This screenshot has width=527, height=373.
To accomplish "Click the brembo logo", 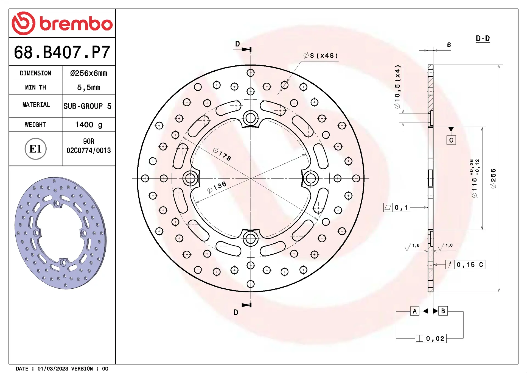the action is click(x=62, y=23).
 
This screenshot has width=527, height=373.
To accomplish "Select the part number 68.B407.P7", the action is click(x=62, y=52).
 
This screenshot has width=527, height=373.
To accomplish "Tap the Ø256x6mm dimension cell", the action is click(x=89, y=73).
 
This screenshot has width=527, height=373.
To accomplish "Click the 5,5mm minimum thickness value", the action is click(x=89, y=87).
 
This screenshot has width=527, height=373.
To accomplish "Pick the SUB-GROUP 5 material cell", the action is click(x=88, y=106).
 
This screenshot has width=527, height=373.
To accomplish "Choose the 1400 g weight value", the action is click(x=89, y=125).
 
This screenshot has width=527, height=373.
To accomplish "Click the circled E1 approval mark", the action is click(x=35, y=149).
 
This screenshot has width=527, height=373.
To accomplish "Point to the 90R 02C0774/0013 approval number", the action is click(x=89, y=146).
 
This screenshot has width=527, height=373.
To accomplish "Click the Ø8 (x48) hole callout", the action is click(x=321, y=55).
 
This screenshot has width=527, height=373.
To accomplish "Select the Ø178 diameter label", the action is click(x=222, y=154).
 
